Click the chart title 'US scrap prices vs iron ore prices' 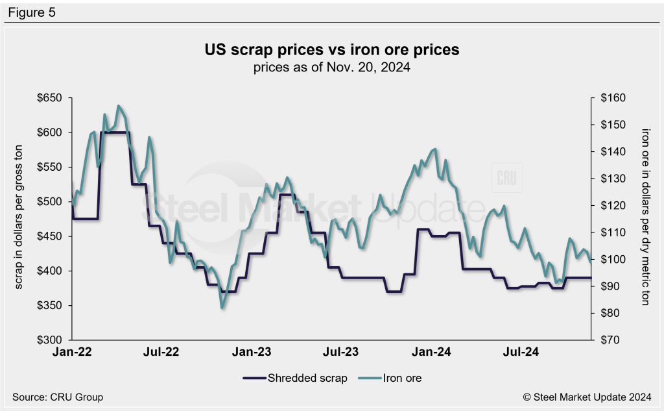click(x=331, y=50)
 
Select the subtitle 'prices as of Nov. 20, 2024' click(x=331, y=66)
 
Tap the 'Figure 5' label click(x=32, y=12)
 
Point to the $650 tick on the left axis click(x=50, y=98)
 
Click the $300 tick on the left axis click(x=50, y=340)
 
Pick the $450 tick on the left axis click(x=50, y=236)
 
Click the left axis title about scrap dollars click(x=18, y=219)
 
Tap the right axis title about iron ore click(x=645, y=219)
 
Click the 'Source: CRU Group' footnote click(x=58, y=397)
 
